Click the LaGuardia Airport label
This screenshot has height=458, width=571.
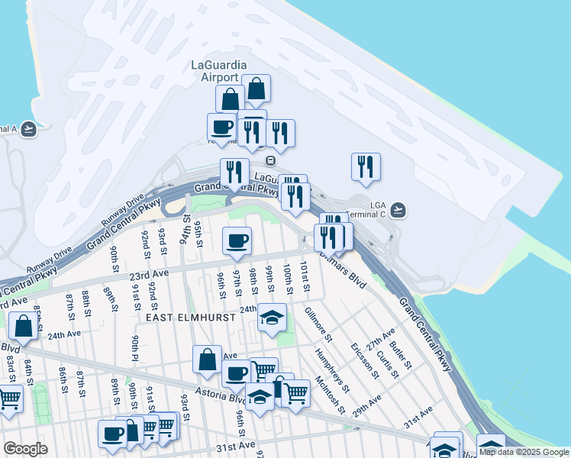point(220,70)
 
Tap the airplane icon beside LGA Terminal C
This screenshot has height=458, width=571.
point(398,209)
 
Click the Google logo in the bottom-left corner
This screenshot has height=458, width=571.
point(25,449)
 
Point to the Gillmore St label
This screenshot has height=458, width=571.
point(318,324)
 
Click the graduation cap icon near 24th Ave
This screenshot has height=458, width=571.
point(272,318)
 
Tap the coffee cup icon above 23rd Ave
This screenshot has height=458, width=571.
point(237,240)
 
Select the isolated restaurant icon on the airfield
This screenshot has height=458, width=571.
point(366,166)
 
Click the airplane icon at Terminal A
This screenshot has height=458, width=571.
point(28,129)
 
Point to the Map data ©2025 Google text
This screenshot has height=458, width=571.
point(524,452)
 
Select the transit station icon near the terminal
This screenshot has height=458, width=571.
point(269,161)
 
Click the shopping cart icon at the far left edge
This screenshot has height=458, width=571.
point(9,398)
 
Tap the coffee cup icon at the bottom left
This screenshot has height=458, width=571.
point(112,434)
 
